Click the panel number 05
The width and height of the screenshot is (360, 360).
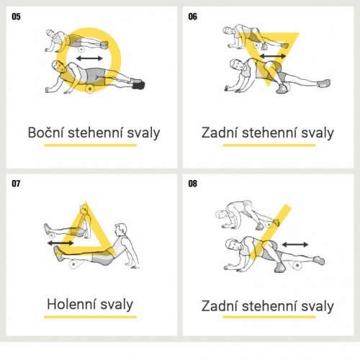(x=16, y=17)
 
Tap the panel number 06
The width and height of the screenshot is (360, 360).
(x=192, y=17)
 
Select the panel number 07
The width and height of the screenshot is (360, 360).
(x=16, y=184)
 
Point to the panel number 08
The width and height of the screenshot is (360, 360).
(x=192, y=184)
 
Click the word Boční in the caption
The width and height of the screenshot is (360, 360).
(x=45, y=132)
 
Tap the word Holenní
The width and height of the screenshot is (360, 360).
(x=71, y=304)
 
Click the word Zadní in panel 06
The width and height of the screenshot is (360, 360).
(x=220, y=132)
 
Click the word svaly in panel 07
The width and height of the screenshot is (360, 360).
(x=117, y=305)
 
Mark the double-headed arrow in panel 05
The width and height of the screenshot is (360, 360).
(x=89, y=58)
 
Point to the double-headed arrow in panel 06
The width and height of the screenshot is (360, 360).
(x=273, y=56)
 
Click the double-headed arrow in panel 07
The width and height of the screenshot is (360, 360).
(x=60, y=243)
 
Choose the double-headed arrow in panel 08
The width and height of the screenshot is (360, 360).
(x=294, y=245)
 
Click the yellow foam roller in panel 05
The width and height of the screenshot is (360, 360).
(x=90, y=89)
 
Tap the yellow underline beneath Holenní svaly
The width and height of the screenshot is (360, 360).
(x=90, y=317)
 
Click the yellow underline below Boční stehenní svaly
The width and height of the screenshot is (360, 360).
(x=90, y=145)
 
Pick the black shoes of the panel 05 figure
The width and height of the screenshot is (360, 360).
(x=138, y=84)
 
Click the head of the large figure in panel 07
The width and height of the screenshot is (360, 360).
(x=120, y=230)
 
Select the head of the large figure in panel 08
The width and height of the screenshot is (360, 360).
(x=233, y=245)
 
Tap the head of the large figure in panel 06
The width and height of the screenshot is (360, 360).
(x=237, y=65)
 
